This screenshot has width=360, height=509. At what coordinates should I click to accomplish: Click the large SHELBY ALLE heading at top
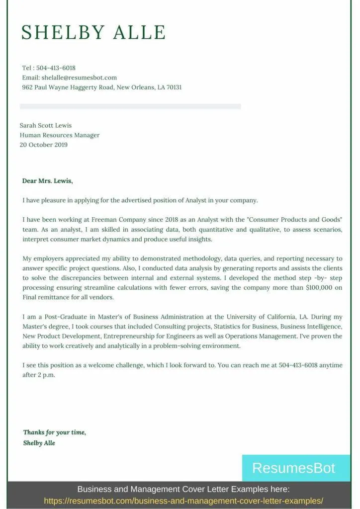[93, 32]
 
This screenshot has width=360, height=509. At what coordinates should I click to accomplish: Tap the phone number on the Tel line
[56, 68]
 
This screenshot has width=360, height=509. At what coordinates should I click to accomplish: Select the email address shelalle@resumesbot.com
[79, 78]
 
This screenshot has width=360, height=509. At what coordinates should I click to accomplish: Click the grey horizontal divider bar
[130, 106]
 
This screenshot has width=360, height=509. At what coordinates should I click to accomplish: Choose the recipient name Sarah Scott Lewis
[46, 125]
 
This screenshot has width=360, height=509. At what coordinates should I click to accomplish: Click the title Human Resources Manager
[60, 135]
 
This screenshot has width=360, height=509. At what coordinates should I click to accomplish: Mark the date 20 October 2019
[44, 145]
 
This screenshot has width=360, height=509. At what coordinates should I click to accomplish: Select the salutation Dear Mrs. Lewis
[48, 181]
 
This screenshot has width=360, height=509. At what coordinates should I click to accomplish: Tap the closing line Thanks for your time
[55, 432]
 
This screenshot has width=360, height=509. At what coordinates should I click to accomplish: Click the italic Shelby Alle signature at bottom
[39, 443]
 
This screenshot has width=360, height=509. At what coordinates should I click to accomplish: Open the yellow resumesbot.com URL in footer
[183, 501]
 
